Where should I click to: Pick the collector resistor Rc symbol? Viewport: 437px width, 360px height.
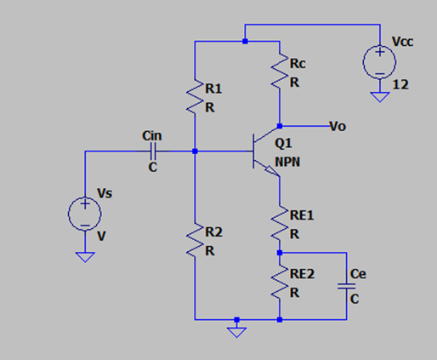(x=280, y=71)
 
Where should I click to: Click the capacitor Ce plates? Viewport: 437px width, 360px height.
(x=347, y=286)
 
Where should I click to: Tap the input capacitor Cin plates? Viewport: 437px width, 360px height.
(x=153, y=151)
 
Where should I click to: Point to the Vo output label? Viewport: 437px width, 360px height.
(x=338, y=126)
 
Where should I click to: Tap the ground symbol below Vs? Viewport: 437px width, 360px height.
(x=84, y=256)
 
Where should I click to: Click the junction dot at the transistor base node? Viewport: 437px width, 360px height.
(x=195, y=151)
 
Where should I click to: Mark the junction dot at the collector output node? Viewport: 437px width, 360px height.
(x=280, y=126)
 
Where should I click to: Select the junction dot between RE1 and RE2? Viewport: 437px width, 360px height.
(x=280, y=253)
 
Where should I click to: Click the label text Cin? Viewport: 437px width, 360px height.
(x=152, y=135)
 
